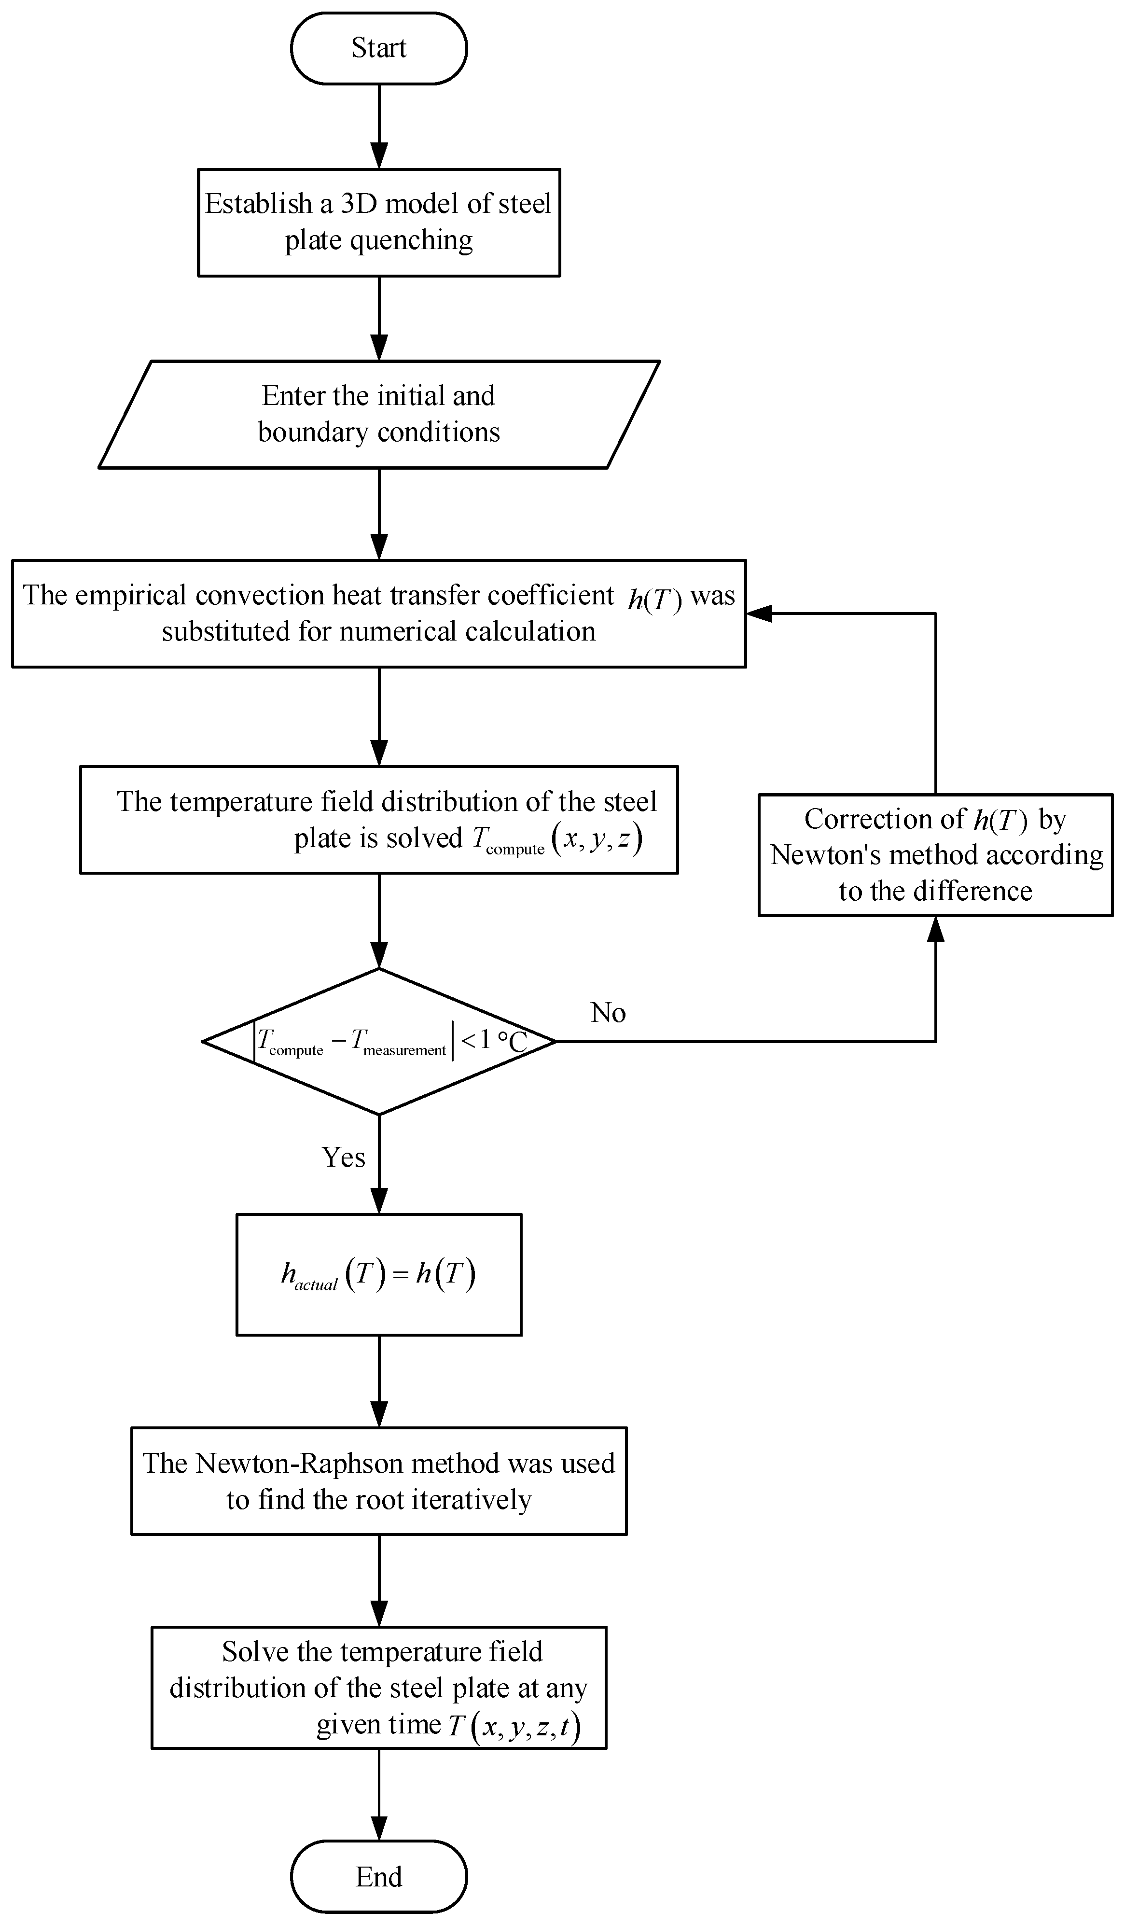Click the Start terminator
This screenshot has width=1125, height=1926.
(378, 48)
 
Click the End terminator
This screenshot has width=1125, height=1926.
(378, 1876)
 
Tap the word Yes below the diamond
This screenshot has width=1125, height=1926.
(343, 1157)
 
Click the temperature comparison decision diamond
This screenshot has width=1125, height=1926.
(378, 1041)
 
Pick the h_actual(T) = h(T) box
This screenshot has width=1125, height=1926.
(378, 1274)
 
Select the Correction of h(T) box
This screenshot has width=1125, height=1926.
(935, 854)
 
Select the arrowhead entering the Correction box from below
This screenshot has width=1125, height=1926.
(935, 929)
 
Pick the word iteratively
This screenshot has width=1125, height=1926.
(471, 1499)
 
